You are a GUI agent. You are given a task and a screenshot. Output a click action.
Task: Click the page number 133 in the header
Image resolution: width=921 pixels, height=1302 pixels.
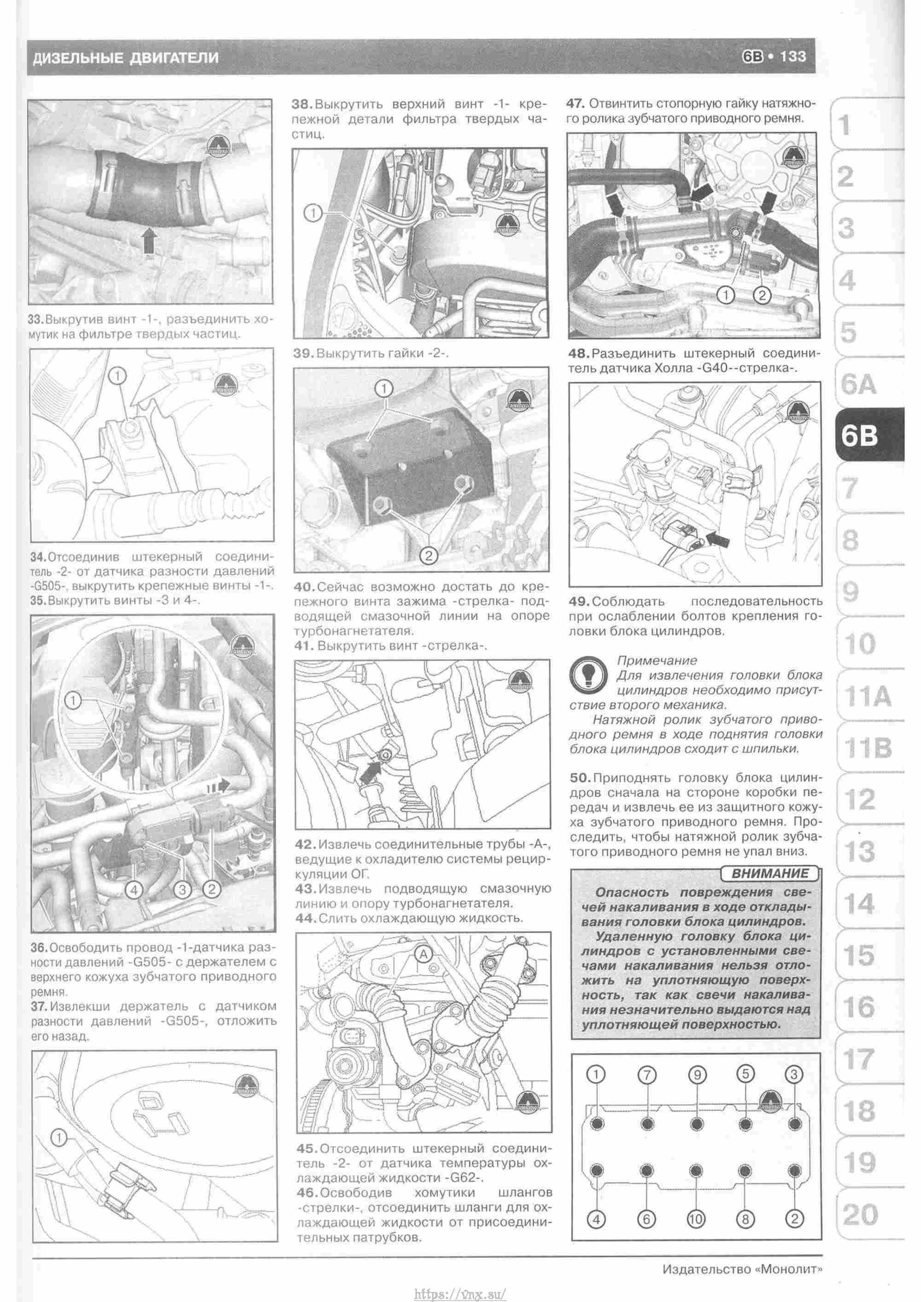tap(793, 56)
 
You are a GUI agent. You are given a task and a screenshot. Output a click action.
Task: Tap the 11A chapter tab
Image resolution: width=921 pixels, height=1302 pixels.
tap(868, 696)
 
